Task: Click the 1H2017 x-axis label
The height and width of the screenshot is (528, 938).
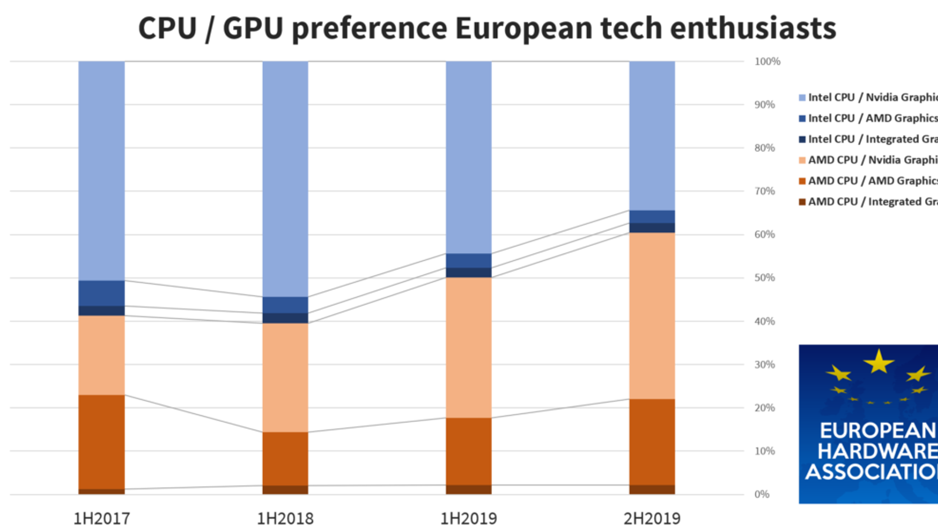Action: (x=101, y=519)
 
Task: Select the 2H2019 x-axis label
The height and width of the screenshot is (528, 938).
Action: (x=652, y=519)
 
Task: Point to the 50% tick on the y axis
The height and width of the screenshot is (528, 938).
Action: (x=764, y=277)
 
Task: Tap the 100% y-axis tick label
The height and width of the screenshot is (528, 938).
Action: (x=767, y=62)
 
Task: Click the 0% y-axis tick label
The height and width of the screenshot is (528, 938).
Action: (x=762, y=495)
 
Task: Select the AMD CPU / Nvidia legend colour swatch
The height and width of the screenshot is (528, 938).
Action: (x=802, y=160)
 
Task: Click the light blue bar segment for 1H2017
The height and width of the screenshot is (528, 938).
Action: (x=101, y=170)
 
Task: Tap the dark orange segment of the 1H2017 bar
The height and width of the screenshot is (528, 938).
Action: (x=101, y=441)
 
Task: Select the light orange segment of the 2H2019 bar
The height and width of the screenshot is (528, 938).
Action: (x=652, y=316)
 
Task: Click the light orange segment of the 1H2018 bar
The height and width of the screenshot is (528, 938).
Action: (x=285, y=377)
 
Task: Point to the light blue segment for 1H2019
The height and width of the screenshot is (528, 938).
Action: (x=468, y=157)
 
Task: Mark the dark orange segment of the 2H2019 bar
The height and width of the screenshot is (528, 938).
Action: (x=652, y=442)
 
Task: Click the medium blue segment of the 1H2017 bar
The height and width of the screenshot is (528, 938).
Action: (x=101, y=293)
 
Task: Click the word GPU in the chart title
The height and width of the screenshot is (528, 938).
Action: (x=253, y=28)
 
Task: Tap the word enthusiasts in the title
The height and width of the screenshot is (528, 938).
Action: (x=753, y=28)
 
